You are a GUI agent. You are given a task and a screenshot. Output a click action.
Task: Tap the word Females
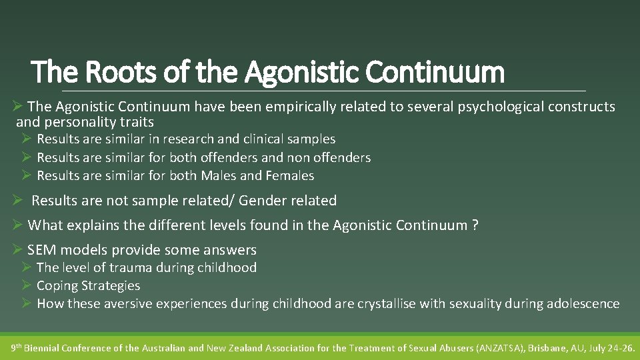pos(289,176)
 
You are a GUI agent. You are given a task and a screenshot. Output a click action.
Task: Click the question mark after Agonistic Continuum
pos(475,225)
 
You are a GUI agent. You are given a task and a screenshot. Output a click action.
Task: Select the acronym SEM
pos(41,250)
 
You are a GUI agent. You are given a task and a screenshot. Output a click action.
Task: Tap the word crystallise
pos(394,304)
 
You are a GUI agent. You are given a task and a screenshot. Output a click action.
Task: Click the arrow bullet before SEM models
pos(18,250)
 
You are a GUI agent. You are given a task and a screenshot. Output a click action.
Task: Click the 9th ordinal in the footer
pos(18,347)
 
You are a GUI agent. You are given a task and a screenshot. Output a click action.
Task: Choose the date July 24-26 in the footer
pos(615,348)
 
